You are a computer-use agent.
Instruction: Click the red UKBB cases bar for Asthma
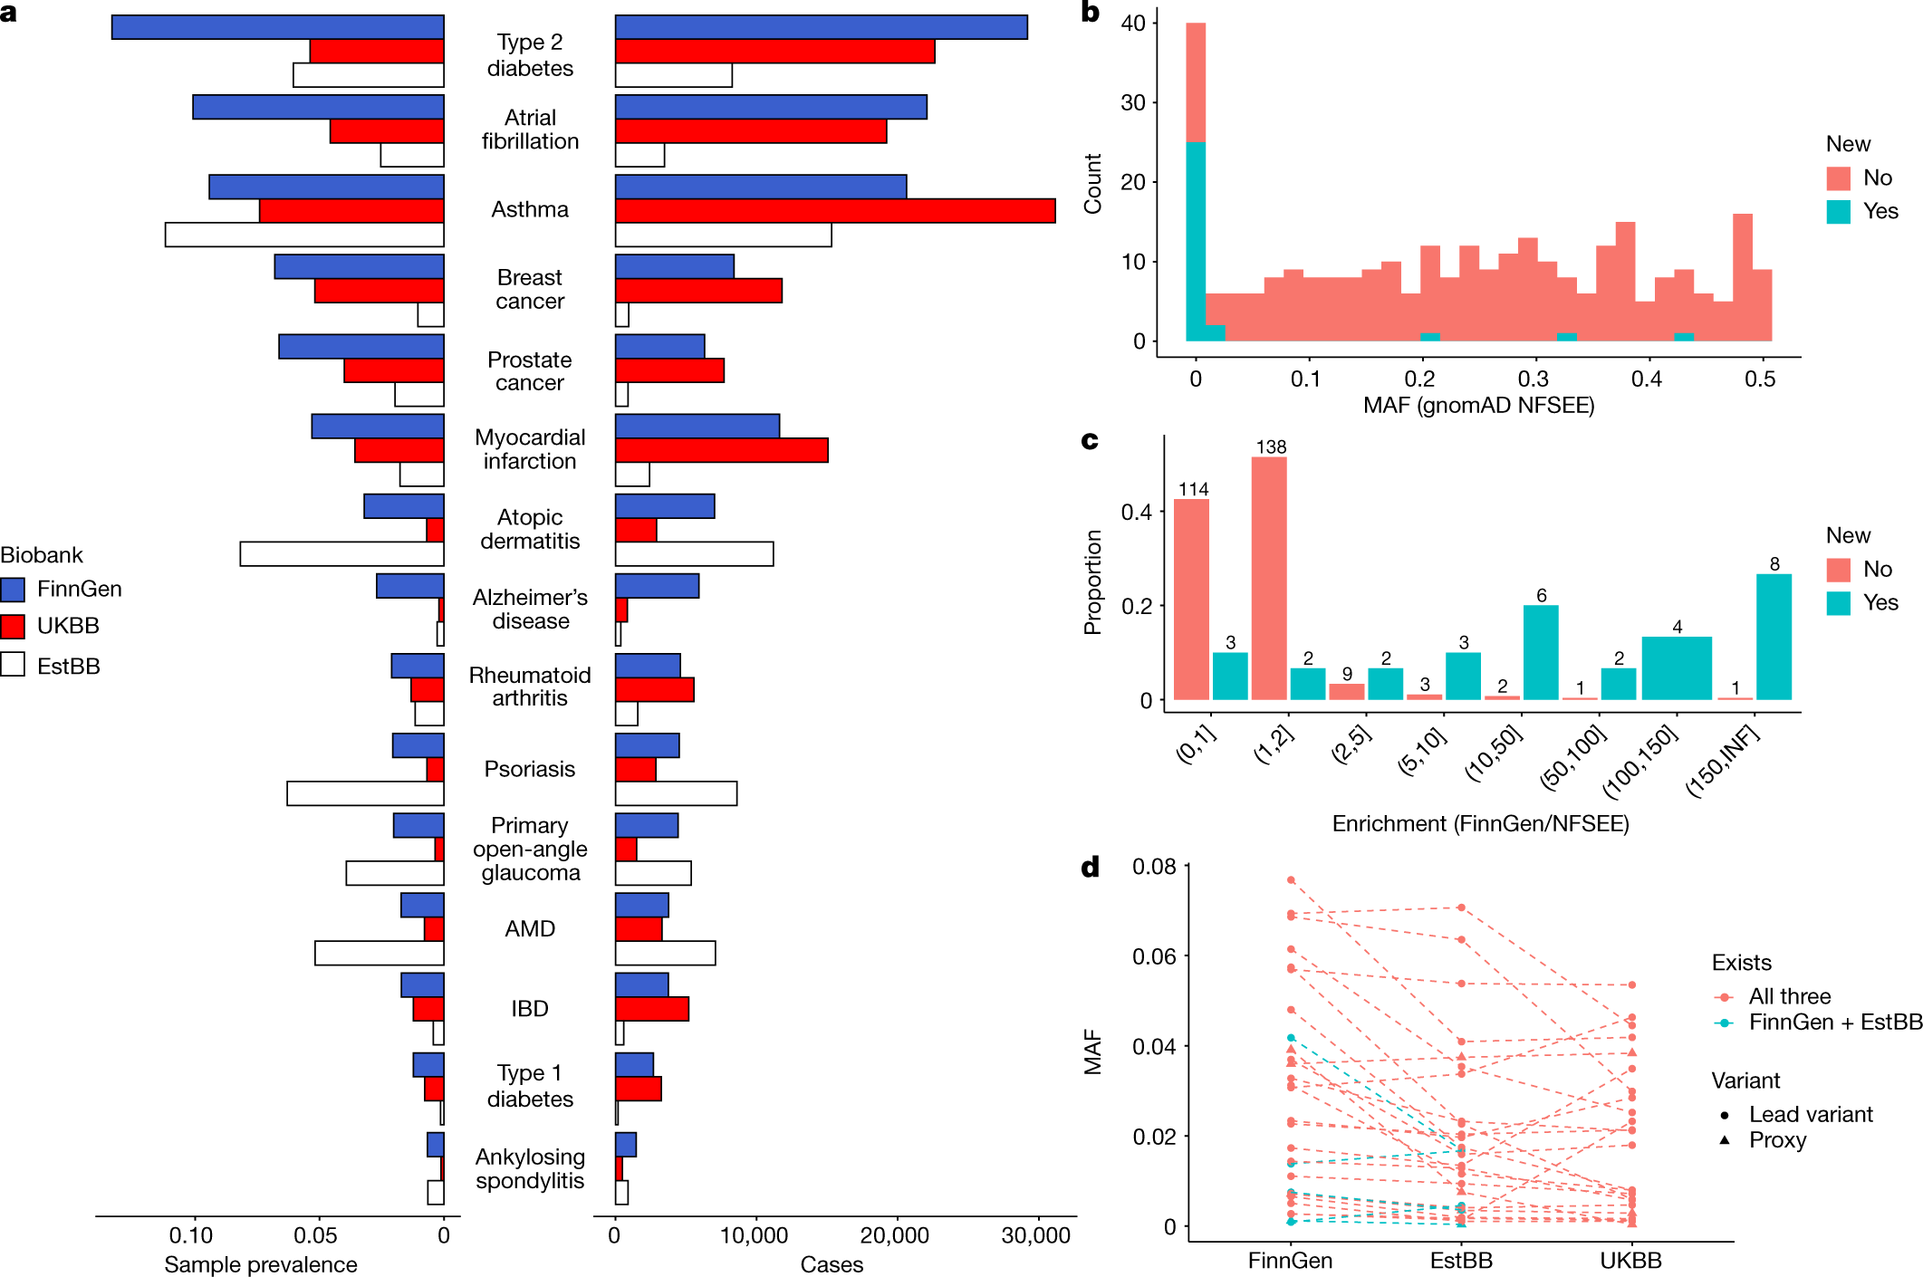coord(834,211)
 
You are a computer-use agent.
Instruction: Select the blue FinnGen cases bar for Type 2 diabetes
coord(821,27)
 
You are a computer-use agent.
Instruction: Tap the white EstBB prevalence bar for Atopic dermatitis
coord(341,554)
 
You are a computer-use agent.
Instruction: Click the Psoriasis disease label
coord(530,769)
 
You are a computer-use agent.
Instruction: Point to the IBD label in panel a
coord(530,1009)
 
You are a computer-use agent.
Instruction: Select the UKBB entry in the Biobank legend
coord(67,627)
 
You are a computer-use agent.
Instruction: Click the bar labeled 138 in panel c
coord(1269,580)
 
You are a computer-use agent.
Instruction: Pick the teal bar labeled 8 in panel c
coord(1774,637)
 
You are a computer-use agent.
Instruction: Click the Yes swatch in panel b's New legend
coord(1838,212)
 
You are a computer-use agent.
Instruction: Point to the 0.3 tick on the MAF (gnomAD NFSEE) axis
coord(1534,379)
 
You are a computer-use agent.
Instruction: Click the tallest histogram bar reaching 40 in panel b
coord(1196,181)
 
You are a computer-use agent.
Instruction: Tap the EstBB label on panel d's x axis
coord(1461,1261)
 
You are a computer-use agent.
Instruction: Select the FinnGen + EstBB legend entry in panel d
coord(1834,1023)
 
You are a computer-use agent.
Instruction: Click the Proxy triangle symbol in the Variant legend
coord(1725,1140)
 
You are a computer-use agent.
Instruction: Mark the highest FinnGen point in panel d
coord(1291,880)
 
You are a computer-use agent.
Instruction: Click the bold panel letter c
coord(1090,441)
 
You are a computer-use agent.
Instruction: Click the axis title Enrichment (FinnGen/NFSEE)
coord(1480,824)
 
